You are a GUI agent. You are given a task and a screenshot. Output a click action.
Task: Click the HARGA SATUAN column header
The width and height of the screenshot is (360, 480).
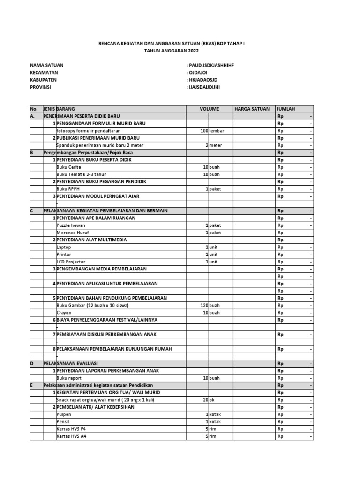[252, 109]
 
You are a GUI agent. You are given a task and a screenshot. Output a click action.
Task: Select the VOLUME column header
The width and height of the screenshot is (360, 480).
[209, 109]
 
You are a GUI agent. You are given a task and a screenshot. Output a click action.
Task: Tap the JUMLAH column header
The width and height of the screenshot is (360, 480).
[286, 109]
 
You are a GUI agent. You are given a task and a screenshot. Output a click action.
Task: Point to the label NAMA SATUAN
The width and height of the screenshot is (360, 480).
[46, 65]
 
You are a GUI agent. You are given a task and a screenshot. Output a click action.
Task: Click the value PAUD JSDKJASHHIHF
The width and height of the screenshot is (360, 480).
[209, 65]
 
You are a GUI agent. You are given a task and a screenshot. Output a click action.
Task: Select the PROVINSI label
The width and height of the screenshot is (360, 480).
[40, 87]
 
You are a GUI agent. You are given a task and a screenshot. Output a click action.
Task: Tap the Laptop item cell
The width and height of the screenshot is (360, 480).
[63, 247]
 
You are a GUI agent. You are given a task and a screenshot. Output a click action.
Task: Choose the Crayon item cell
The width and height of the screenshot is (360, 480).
[64, 312]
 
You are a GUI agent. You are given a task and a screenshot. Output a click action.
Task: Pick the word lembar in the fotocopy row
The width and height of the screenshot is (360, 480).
[217, 131]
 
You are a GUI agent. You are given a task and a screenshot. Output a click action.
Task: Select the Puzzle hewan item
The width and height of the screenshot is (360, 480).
[71, 225]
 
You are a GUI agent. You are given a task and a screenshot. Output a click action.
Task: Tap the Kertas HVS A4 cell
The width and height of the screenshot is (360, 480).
[71, 436]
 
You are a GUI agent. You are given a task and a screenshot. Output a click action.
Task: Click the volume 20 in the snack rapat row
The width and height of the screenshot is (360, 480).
[205, 400]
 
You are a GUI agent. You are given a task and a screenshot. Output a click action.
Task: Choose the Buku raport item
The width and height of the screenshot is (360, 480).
[68, 378]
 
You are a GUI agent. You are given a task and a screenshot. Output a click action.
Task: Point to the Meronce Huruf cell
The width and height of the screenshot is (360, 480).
[72, 232]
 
